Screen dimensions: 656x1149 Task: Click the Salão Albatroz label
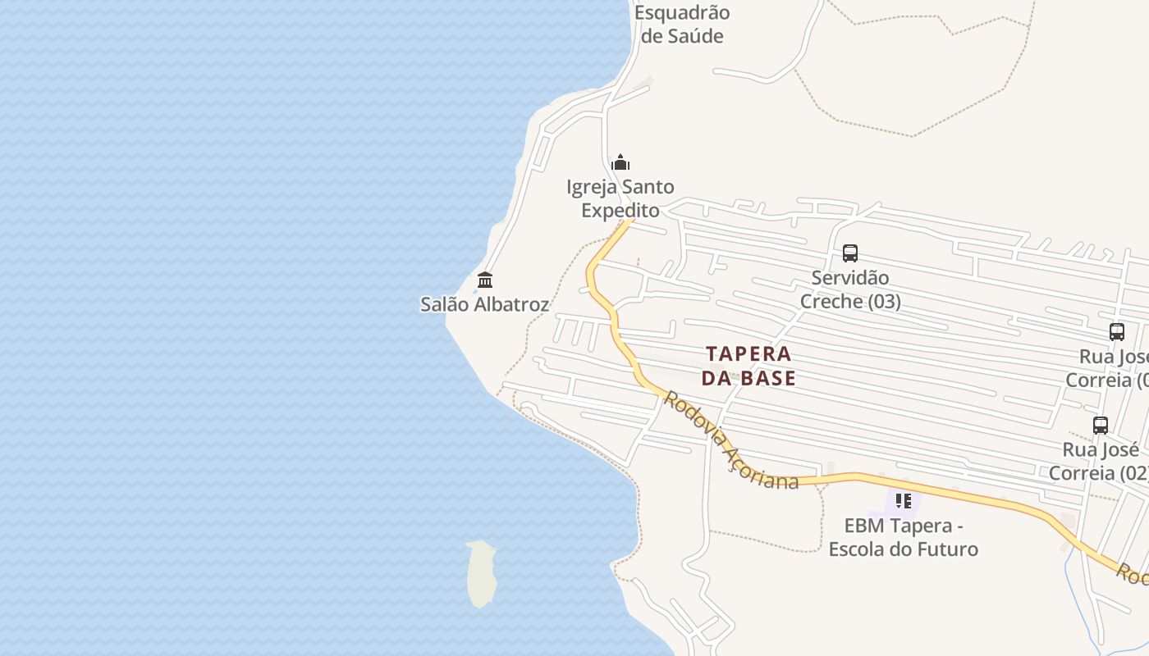484,304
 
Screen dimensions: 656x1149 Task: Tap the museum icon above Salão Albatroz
485,280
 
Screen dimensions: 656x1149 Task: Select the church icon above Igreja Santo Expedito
620,162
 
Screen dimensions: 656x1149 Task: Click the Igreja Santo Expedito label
620,198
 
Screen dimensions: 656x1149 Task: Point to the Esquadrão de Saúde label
682,25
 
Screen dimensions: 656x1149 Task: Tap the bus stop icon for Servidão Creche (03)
850,253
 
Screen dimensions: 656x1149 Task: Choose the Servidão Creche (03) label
850,289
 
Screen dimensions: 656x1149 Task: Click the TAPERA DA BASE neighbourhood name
748,366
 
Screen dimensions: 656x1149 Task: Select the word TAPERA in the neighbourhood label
748,354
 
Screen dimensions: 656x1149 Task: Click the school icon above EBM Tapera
904,500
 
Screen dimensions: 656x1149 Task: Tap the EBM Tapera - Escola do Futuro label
904,537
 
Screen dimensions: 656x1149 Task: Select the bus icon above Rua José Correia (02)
1101,426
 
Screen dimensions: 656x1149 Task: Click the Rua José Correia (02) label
1101,462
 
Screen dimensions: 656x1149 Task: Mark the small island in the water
482,573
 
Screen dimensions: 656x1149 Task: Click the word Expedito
620,210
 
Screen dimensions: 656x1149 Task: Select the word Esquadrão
682,13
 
